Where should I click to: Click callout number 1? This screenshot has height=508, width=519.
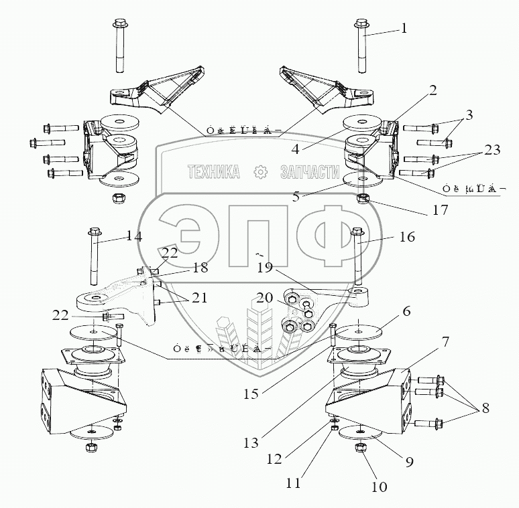coord(404,28)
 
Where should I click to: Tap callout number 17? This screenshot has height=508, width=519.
coord(440,209)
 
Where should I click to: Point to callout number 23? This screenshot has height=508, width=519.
coord(492,151)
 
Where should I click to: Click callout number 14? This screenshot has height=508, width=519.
coord(134,236)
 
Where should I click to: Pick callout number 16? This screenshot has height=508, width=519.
coord(407,237)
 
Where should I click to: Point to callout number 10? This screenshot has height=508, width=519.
coord(379,487)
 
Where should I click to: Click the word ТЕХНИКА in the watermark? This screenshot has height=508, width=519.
coord(214,173)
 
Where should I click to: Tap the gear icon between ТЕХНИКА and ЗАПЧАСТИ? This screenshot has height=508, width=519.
coord(260,173)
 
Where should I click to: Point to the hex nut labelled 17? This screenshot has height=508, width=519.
coord(363,199)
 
